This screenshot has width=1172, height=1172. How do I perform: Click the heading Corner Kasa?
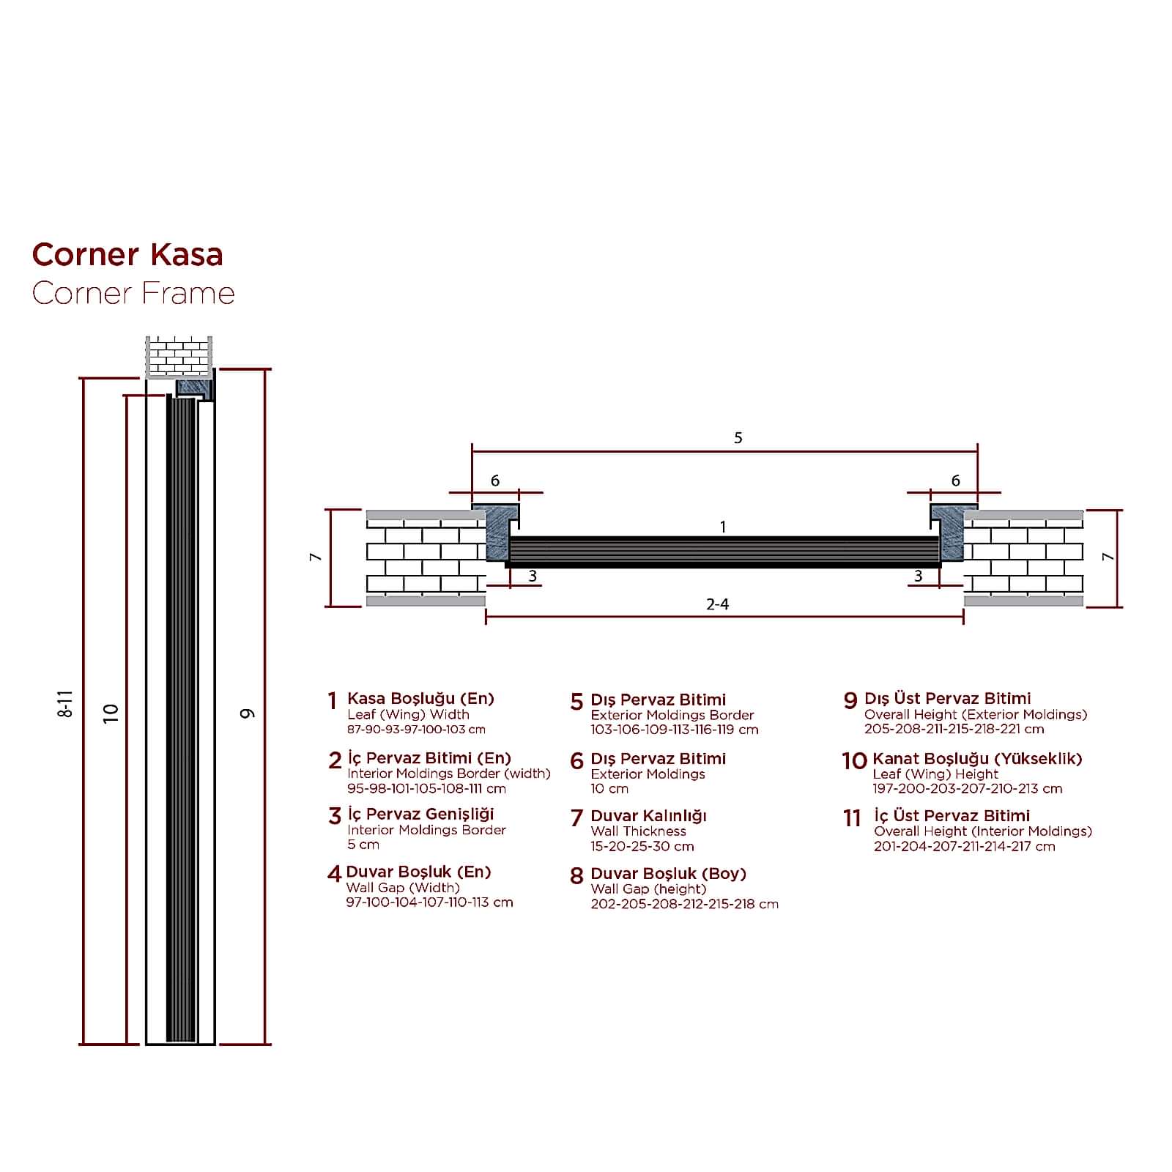[x=127, y=255]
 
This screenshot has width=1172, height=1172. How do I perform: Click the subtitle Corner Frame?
[x=133, y=294]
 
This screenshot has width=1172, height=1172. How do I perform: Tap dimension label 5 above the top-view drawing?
[x=738, y=438]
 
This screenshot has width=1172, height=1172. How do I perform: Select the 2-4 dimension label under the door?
[x=717, y=604]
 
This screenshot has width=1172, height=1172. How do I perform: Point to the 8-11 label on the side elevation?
[x=65, y=703]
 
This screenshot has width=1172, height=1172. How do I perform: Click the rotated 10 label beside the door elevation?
[x=111, y=713]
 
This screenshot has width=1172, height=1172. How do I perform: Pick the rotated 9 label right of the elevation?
[x=248, y=713]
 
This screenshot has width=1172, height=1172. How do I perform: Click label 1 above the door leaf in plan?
[x=723, y=527]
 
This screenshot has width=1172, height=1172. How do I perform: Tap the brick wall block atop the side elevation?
[x=179, y=356]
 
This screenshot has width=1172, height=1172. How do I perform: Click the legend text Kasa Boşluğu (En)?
[x=420, y=699]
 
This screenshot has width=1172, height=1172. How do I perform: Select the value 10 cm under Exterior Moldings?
[x=609, y=789]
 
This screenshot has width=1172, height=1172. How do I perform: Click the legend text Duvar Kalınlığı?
[x=648, y=816]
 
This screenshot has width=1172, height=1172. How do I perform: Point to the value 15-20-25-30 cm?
[x=642, y=847]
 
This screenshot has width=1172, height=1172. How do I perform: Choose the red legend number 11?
[x=851, y=817]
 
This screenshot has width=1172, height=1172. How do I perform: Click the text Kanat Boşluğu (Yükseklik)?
[x=977, y=759]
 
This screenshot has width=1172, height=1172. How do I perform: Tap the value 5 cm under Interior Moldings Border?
[x=363, y=845]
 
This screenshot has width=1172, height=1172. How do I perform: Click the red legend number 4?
[x=334, y=874]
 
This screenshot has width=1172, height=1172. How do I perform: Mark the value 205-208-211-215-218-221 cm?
[x=954, y=729]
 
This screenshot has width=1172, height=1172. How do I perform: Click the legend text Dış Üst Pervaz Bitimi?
[x=947, y=699]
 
